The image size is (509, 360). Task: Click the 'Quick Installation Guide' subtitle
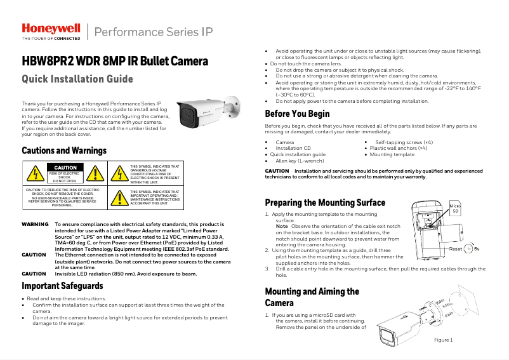(x=77, y=79)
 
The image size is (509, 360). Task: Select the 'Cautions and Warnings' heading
(x=63, y=150)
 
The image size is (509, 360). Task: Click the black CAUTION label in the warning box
(x=64, y=168)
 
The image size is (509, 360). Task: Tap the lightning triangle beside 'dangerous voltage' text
(x=119, y=174)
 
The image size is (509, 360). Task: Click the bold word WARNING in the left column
(x=35, y=225)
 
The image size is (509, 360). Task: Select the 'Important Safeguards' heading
(x=62, y=286)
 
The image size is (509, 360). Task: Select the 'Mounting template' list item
(x=392, y=154)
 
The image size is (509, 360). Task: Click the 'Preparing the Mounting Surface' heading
(x=324, y=203)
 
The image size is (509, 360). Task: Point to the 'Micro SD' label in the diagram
(x=455, y=208)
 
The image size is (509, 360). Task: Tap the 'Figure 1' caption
(x=443, y=340)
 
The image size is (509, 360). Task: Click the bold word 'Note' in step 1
(x=281, y=227)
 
